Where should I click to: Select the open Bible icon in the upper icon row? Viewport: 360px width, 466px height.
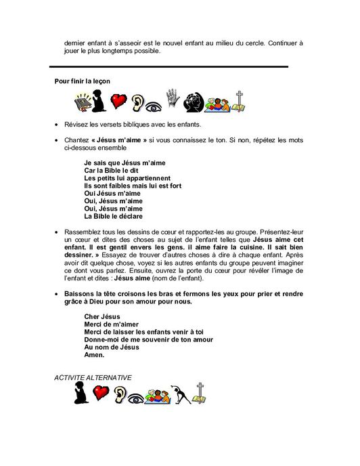point(82,103)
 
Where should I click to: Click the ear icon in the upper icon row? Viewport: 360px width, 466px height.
point(139,103)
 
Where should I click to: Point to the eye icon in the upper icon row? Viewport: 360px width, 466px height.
point(156,104)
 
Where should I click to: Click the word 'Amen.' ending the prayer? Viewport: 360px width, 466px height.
point(94,354)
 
